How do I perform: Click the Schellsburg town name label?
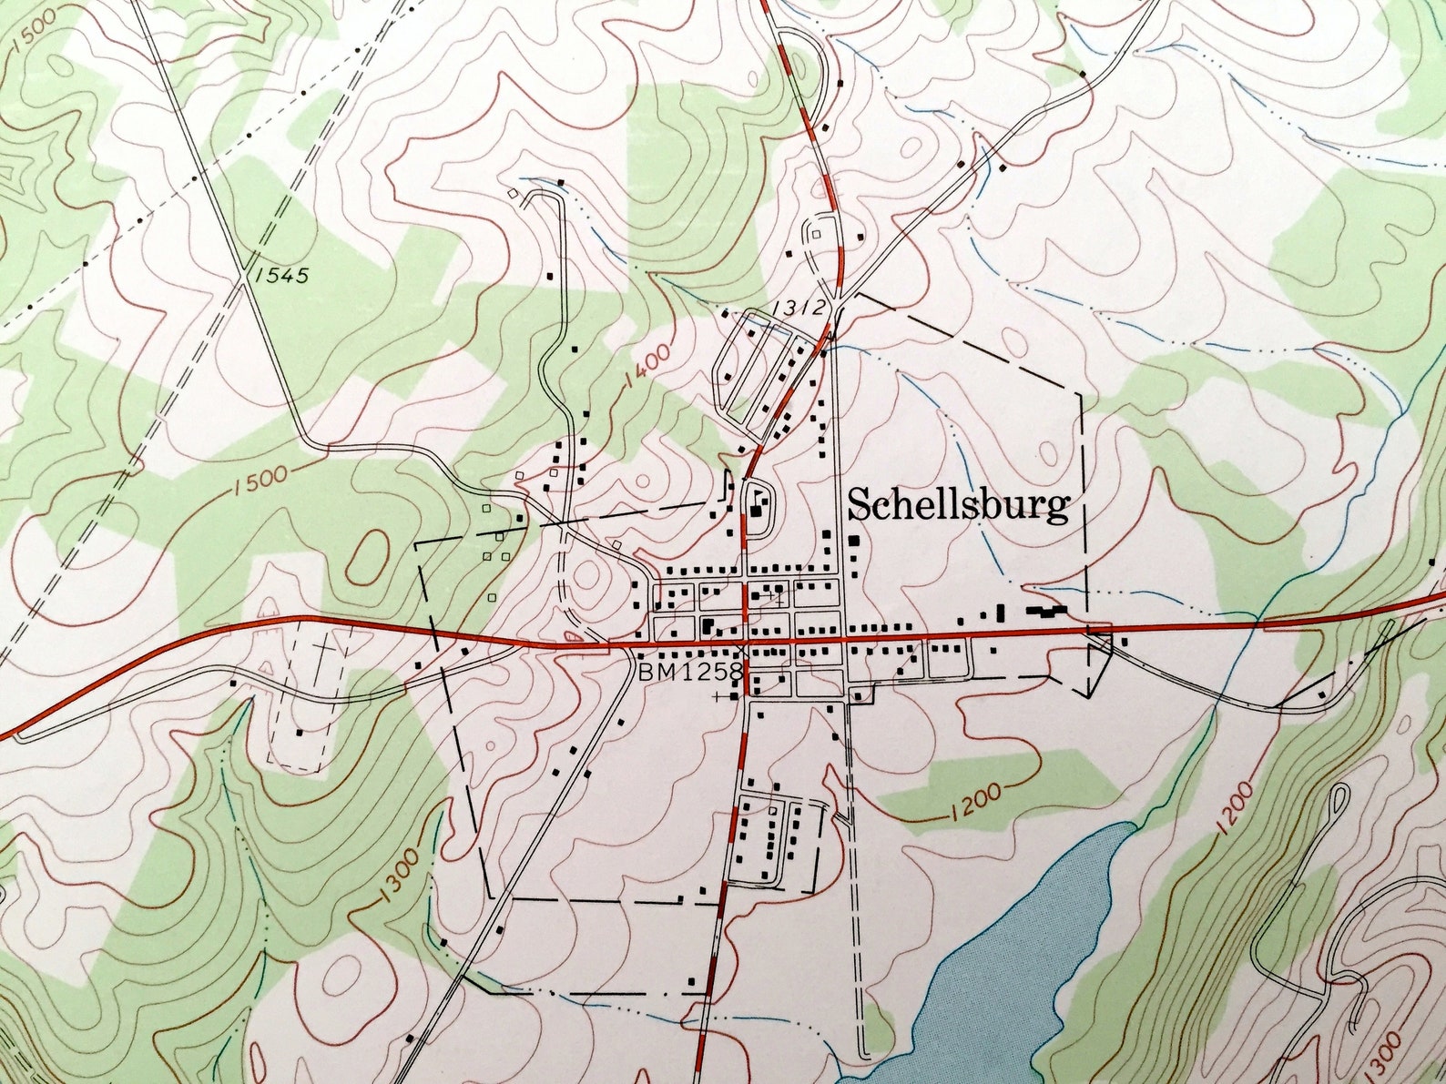pos(958,505)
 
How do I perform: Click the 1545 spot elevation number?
pos(282,274)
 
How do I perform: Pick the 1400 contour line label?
pos(647,365)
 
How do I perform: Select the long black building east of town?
pos(1047,612)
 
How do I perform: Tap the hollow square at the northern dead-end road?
pos(514,194)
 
